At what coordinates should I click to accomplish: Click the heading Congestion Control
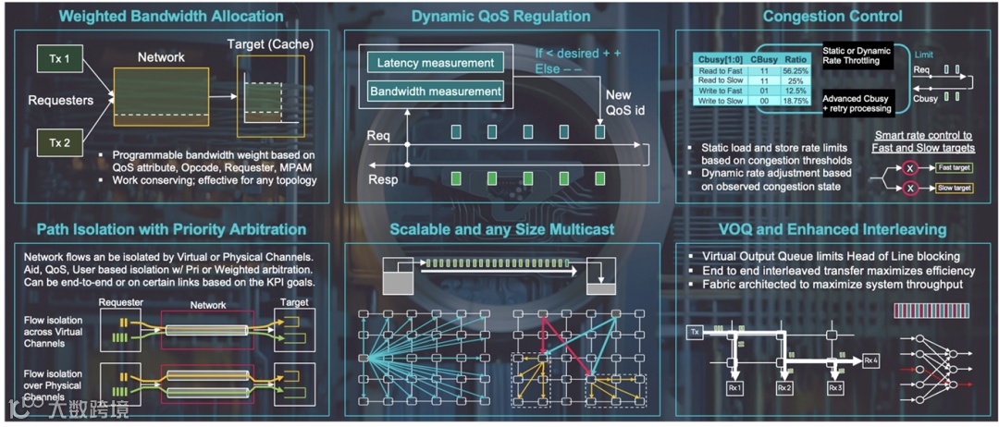click(832, 16)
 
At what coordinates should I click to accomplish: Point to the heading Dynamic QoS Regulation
click(501, 16)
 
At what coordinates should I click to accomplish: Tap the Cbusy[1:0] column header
click(722, 58)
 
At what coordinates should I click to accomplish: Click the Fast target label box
click(953, 167)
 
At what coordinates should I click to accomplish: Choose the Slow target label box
click(953, 188)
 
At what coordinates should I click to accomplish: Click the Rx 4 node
click(872, 360)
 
